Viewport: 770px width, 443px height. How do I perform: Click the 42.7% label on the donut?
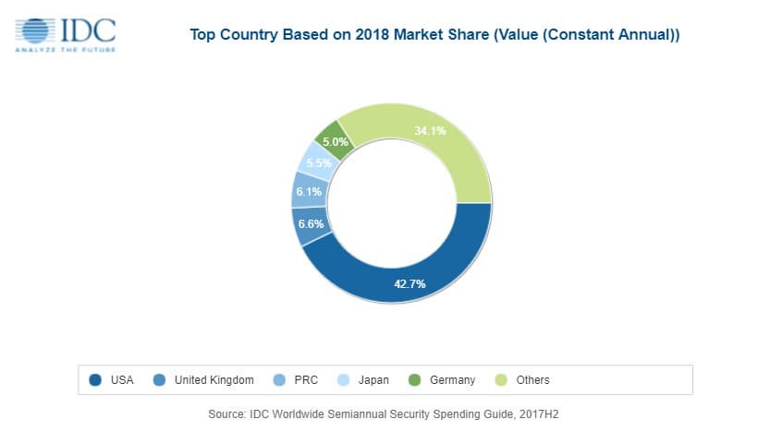tap(409, 283)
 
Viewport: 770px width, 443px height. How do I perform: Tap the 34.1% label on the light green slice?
tap(430, 131)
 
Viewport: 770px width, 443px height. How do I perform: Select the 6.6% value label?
tap(310, 224)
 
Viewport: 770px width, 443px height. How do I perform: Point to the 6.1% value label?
tap(308, 192)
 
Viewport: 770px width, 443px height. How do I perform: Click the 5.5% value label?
tap(319, 163)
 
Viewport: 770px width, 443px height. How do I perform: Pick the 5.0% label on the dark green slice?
tap(335, 142)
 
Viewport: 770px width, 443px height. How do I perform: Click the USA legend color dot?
tap(95, 379)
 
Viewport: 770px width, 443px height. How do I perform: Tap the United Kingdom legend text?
tap(214, 379)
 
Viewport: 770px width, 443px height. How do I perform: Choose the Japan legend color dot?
tap(342, 379)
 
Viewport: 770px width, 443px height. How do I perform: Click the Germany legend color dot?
tap(414, 379)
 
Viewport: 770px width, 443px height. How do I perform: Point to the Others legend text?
tap(533, 379)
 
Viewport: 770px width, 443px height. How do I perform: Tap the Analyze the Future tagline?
tap(66, 49)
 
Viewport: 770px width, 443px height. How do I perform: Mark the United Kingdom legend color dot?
tap(159, 379)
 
